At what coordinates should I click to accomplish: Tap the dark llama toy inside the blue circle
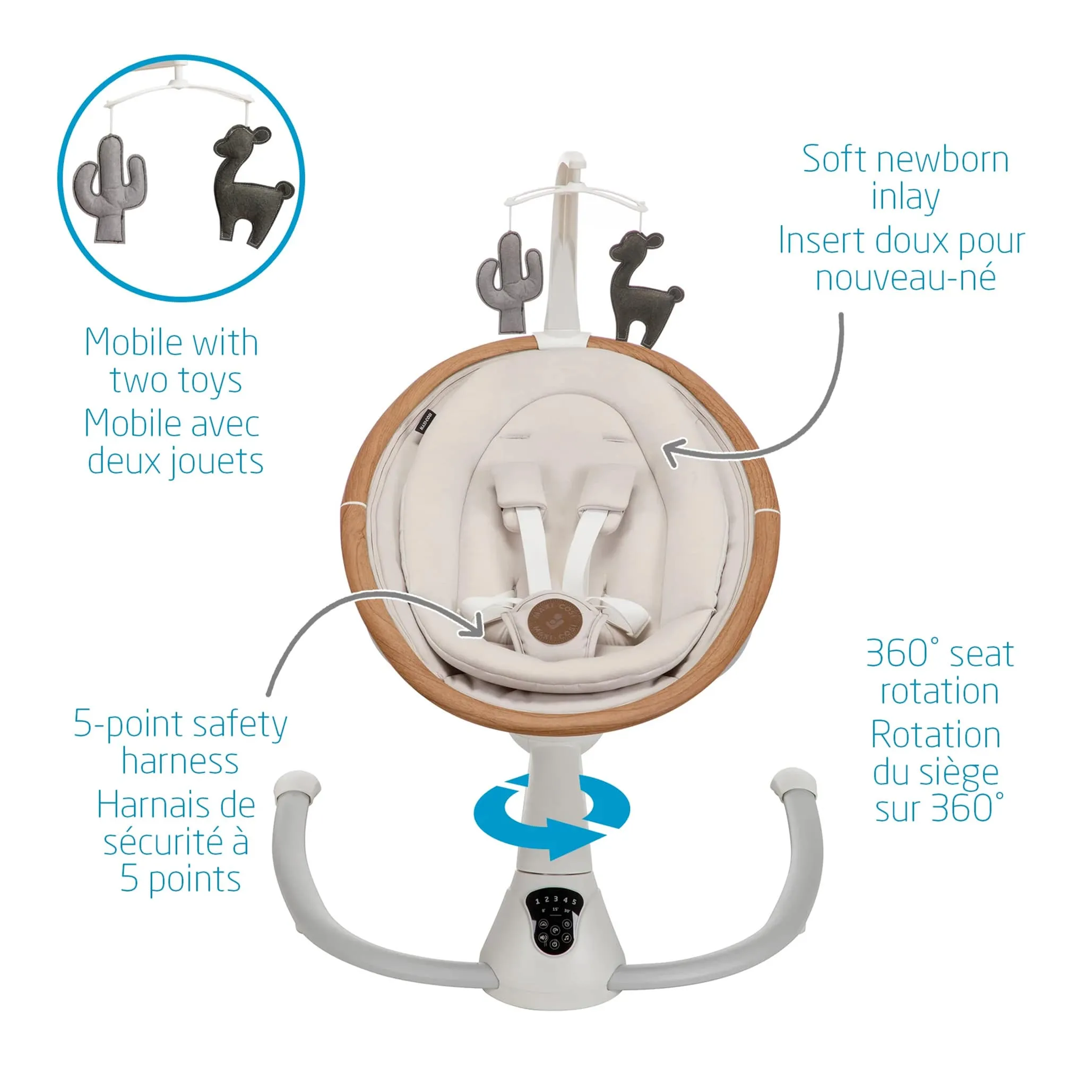[250, 186]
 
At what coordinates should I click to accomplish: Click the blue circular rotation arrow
[551, 816]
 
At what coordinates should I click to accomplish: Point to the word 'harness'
[180, 762]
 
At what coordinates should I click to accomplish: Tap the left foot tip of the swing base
[297, 785]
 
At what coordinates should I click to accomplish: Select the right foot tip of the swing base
[794, 781]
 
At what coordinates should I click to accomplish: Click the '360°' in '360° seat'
[903, 653]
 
